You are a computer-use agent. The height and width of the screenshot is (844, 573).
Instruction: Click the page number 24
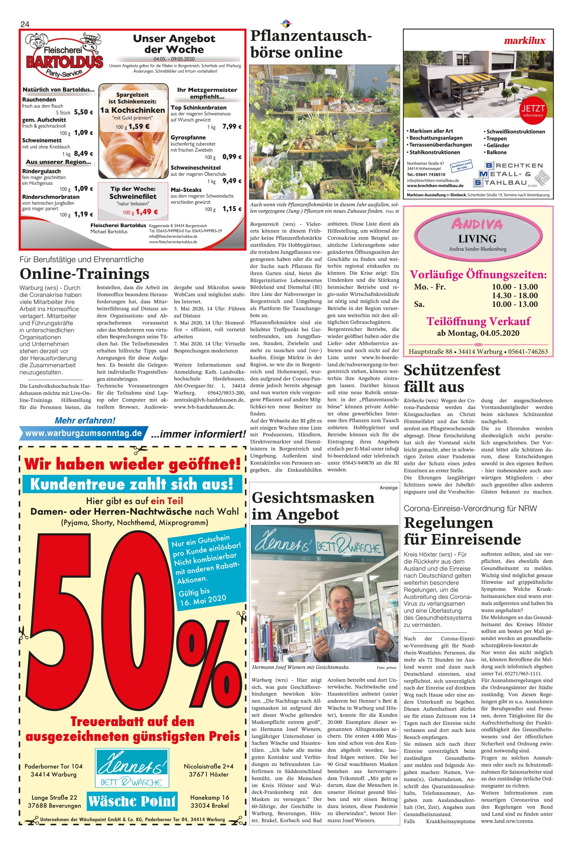[25, 24]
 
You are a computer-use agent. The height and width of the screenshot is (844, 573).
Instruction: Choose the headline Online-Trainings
[84, 273]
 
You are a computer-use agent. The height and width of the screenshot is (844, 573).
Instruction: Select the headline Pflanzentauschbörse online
[311, 44]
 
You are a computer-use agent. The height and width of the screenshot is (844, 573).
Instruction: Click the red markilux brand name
[524, 41]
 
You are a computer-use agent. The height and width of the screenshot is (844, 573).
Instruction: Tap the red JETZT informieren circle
[533, 110]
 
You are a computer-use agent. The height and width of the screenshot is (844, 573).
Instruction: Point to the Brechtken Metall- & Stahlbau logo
[512, 174]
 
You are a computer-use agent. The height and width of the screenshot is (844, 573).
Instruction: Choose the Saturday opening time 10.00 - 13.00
[515, 304]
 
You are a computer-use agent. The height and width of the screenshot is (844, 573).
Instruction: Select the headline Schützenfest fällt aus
[452, 378]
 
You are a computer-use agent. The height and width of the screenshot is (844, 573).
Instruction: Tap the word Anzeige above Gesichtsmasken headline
[389, 488]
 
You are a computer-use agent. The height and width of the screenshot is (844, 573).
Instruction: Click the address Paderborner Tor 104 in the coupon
[54, 766]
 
